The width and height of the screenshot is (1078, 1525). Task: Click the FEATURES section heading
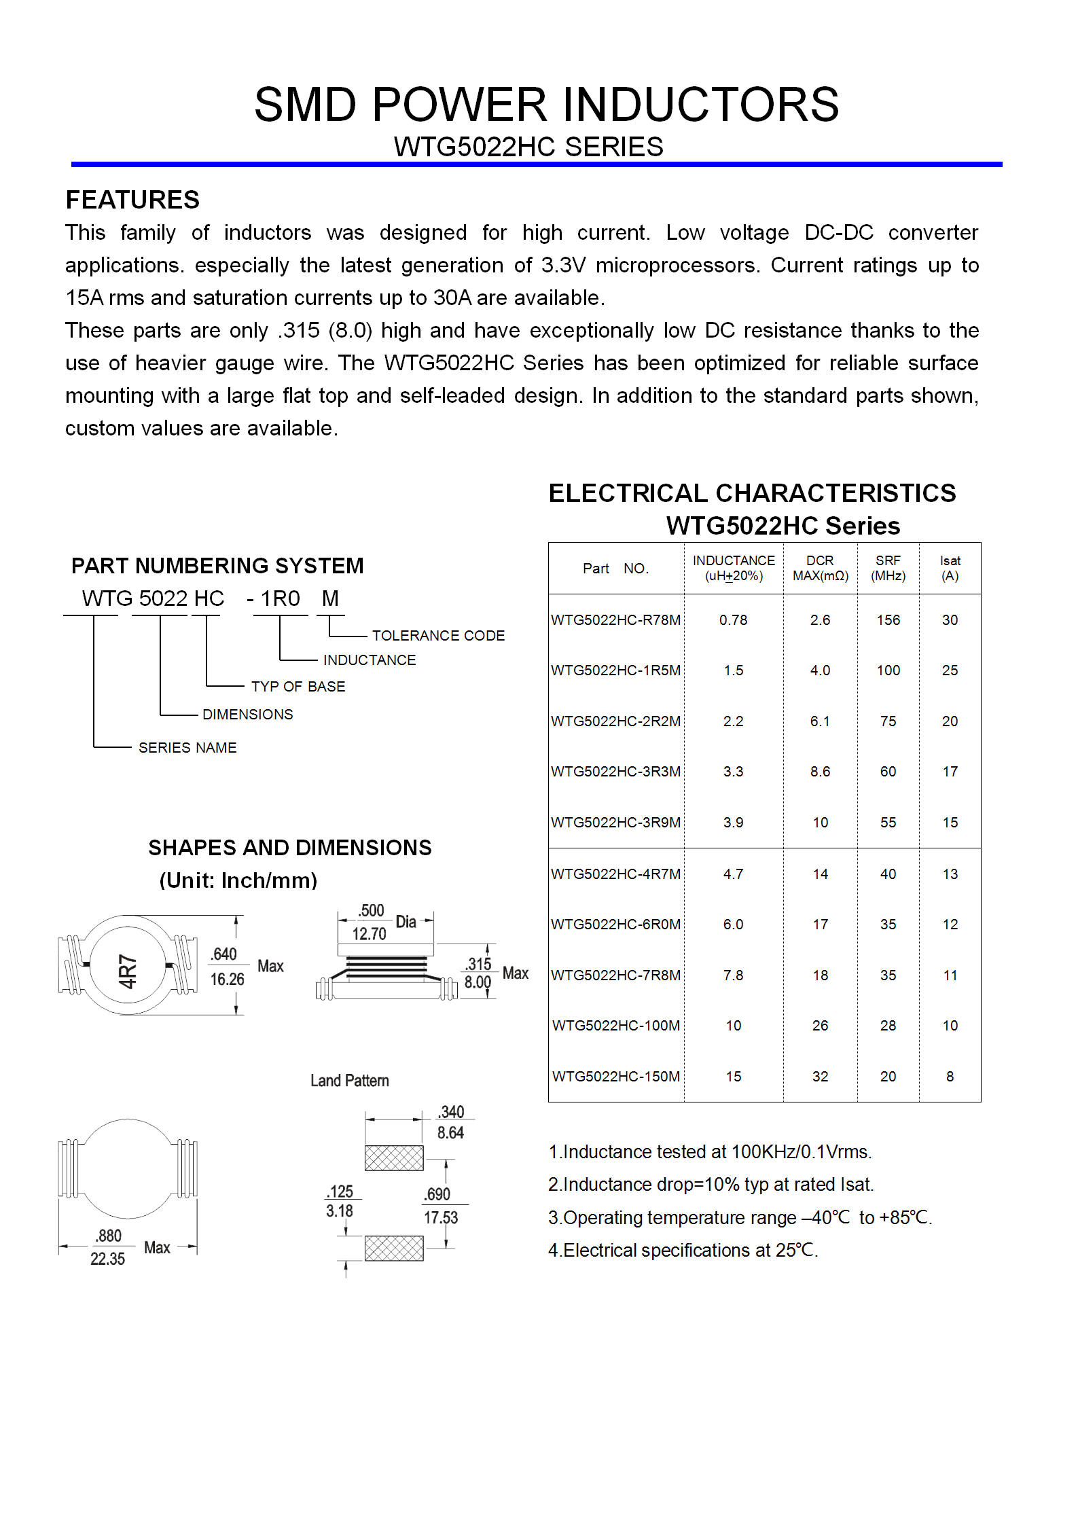point(132,200)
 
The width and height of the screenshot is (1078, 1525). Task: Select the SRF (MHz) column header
point(888,568)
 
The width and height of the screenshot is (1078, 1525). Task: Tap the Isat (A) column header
point(950,568)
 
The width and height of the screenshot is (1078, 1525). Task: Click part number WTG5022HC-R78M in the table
point(615,620)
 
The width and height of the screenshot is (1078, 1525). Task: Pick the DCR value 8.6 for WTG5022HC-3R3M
point(820,772)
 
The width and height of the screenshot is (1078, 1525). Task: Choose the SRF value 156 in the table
point(888,620)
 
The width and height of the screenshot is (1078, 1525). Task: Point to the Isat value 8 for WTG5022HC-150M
point(950,1077)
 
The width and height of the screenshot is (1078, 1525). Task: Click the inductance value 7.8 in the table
point(733,975)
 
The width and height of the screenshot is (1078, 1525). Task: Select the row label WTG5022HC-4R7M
point(615,874)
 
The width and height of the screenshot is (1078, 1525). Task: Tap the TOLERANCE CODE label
point(438,636)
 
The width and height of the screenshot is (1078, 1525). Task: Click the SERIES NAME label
point(187,748)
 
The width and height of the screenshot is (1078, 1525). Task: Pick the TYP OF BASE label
point(298,687)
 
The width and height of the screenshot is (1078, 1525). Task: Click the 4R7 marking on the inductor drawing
point(128,971)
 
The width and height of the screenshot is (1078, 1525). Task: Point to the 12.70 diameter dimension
point(369,934)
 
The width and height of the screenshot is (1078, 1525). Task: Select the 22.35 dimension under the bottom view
point(107,1259)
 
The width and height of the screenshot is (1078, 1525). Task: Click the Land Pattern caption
point(349,1081)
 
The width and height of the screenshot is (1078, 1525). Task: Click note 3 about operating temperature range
point(740,1218)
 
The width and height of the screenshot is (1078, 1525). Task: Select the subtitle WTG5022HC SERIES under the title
point(528,147)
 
